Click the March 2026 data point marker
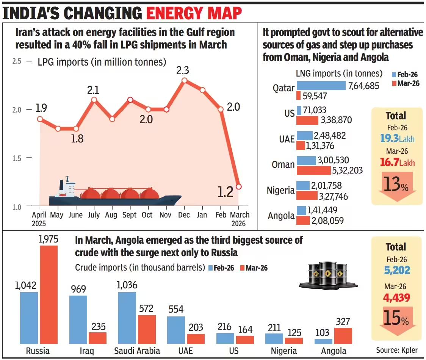[x=238, y=186]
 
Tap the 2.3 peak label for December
[x=182, y=70]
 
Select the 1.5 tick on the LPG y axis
[x=17, y=158]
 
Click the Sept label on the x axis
[x=130, y=215]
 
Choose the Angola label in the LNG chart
[x=281, y=216]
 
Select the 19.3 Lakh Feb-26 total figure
[x=397, y=138]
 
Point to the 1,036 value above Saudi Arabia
[x=127, y=285]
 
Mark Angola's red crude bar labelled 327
[x=343, y=336]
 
